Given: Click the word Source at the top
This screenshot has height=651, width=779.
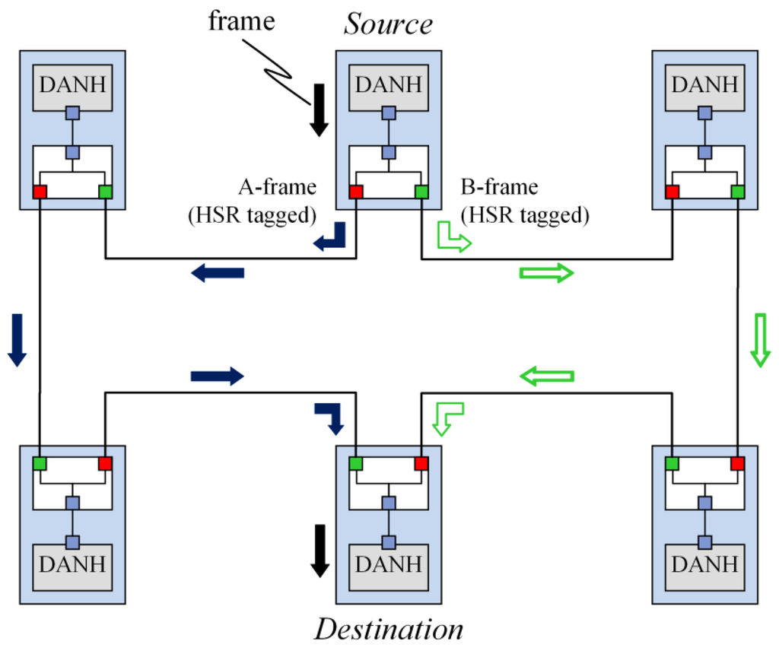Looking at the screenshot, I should (x=388, y=24).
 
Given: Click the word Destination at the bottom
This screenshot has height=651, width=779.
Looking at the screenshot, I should (x=389, y=630).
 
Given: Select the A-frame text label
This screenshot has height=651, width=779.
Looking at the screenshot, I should (x=278, y=187).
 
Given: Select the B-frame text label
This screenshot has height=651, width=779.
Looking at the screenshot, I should (x=500, y=187).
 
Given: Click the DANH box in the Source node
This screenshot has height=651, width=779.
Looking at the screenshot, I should (x=389, y=85).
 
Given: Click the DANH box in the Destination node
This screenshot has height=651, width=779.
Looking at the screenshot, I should (x=389, y=565).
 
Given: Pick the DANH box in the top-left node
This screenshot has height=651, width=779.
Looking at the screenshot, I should (x=72, y=85).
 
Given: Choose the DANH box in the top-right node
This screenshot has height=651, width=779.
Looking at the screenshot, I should (x=705, y=85).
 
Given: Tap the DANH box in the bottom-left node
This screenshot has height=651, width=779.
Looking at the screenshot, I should (x=72, y=565).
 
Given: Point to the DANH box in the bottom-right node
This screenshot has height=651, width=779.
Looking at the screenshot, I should (x=705, y=565).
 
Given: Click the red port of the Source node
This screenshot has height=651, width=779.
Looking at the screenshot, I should (x=356, y=192).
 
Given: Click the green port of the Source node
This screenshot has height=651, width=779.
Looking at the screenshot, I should (x=421, y=192).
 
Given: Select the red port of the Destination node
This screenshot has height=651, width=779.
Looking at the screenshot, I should (x=421, y=463).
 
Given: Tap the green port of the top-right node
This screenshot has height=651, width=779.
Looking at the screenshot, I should (x=738, y=192).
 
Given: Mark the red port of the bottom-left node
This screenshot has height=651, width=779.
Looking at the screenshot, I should (x=105, y=463).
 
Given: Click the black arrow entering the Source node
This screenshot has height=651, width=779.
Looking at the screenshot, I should (x=320, y=110).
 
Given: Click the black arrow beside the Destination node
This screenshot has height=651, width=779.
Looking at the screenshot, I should (x=320, y=550).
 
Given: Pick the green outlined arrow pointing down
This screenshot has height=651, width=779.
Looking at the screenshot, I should (x=758, y=339).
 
